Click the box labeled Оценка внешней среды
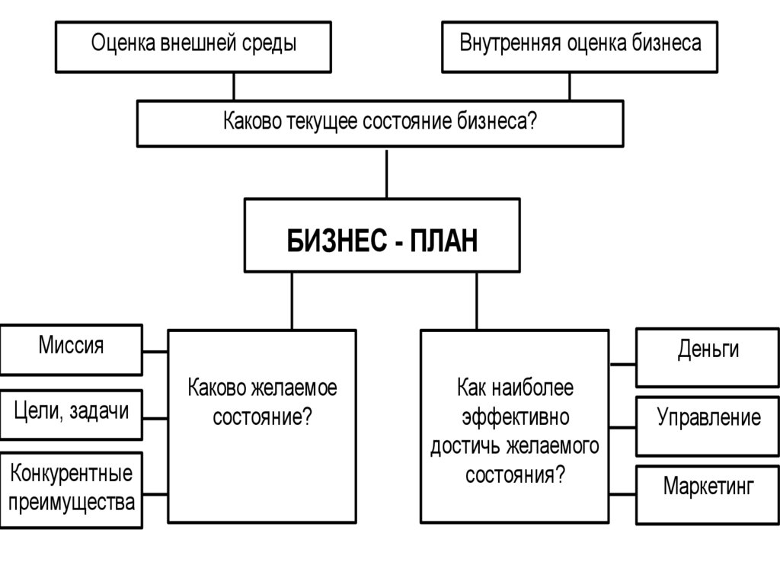point(193,46)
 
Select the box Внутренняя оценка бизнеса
point(580,46)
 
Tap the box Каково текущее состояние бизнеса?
point(379,123)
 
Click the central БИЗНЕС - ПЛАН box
point(382,235)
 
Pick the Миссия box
point(71,349)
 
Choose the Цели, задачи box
point(71,415)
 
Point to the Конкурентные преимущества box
point(71,490)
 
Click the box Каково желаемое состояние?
point(262,425)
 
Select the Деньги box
point(708,357)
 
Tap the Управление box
point(708,425)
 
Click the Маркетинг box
point(708,494)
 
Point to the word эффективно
point(515,417)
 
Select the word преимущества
point(72,503)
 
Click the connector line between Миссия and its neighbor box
point(155,351)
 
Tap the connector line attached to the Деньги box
point(622,364)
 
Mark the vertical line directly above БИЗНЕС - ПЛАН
point(386,173)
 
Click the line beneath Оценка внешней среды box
point(234,86)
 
